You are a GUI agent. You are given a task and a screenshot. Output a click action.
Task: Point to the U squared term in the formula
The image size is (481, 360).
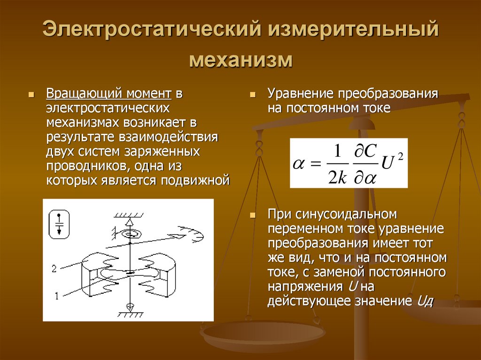(x=389, y=163)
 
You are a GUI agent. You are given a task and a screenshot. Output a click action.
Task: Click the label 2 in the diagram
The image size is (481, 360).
(x=54, y=268)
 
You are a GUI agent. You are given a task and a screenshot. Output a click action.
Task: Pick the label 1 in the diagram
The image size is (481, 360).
(x=57, y=296)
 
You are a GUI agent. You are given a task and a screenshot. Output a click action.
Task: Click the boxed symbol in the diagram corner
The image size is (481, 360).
(x=59, y=223)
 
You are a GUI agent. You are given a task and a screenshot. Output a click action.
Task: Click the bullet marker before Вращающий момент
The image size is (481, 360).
(x=31, y=94)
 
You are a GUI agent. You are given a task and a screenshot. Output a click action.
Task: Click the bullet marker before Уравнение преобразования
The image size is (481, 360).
(x=252, y=94)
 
